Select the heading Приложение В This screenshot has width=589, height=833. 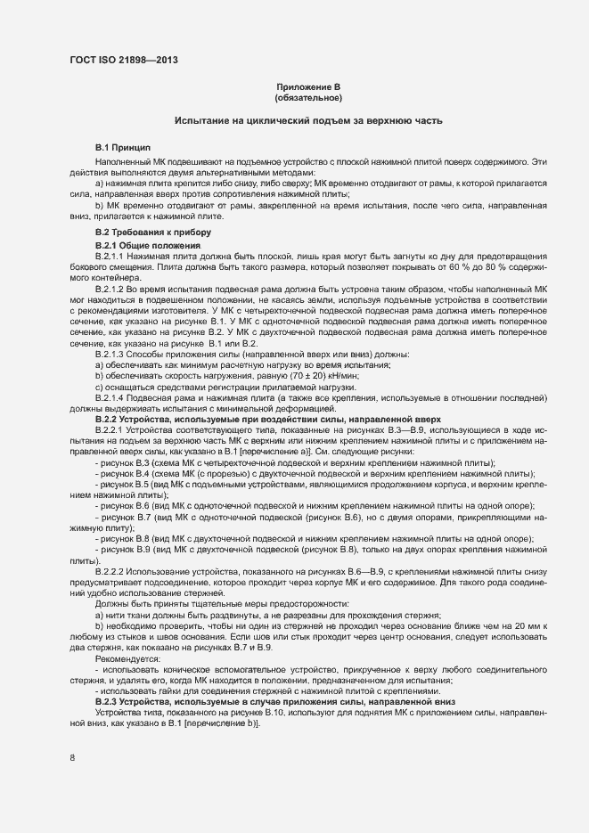coord(308,86)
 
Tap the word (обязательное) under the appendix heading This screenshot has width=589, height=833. coord(308,97)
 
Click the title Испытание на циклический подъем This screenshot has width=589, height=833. coord(308,119)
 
